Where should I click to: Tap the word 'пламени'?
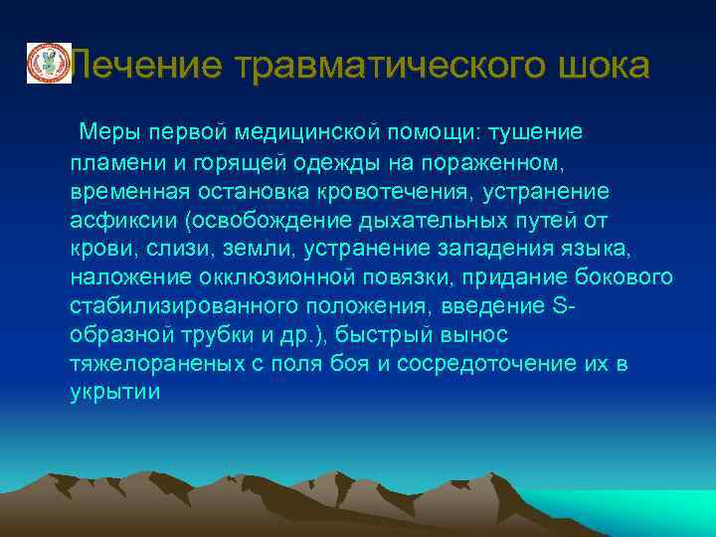click(x=110, y=161)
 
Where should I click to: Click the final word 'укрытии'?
click(x=114, y=392)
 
